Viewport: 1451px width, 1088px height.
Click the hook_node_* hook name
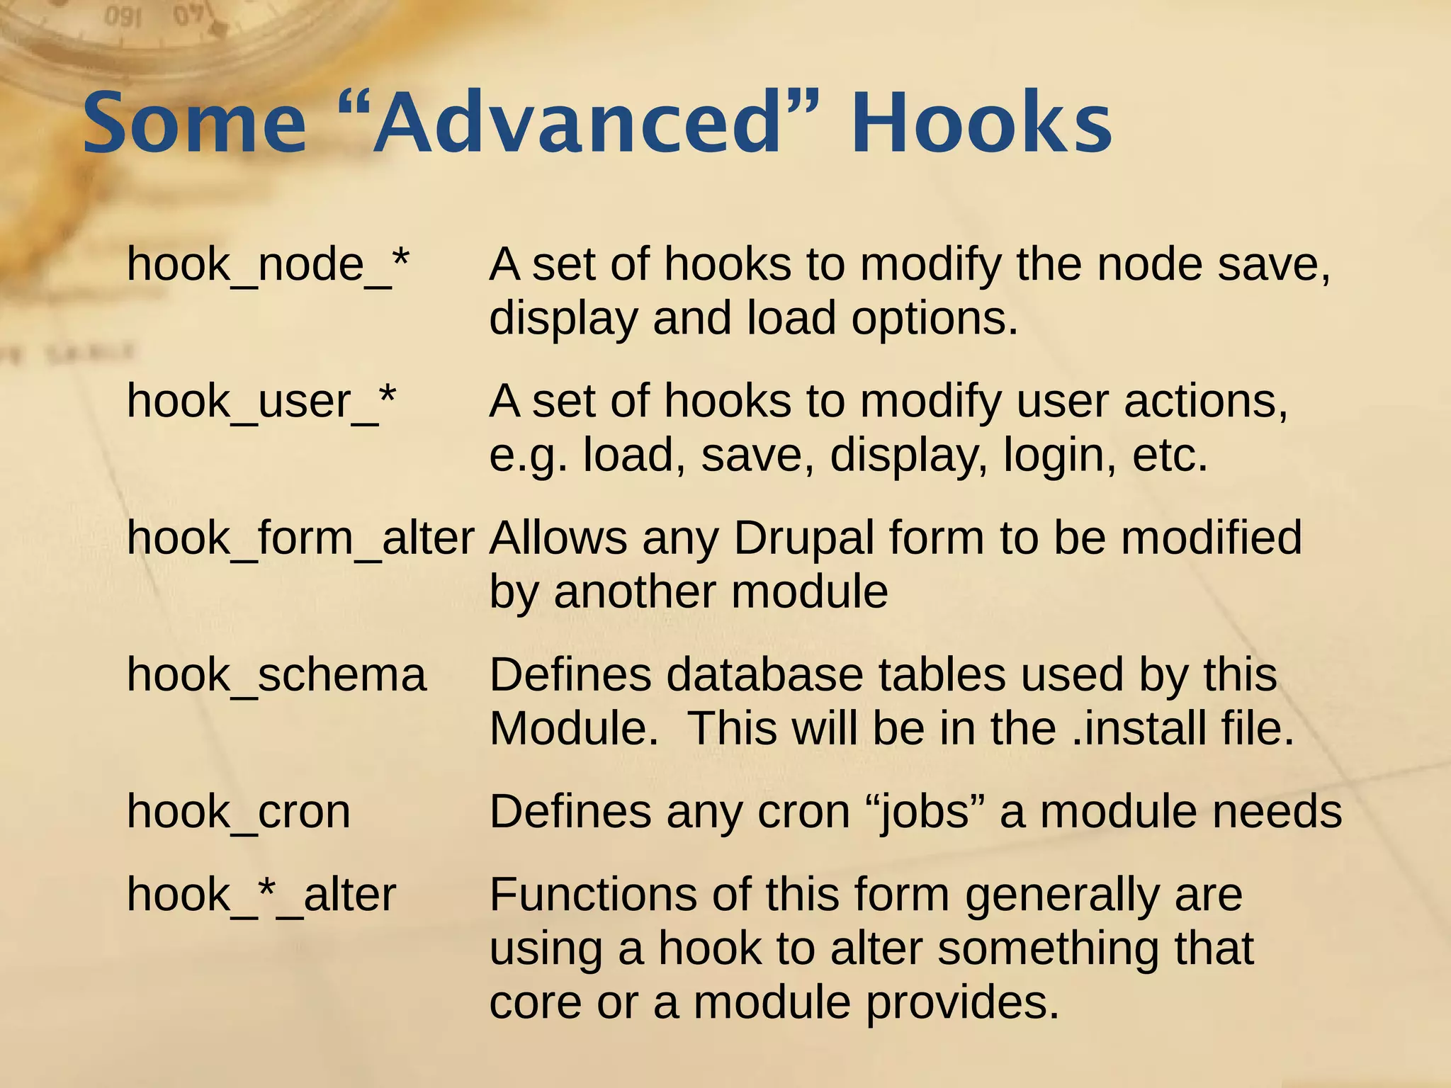pos(268,265)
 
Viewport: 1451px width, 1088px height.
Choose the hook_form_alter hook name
pos(300,538)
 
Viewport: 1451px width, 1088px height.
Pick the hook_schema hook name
pos(276,675)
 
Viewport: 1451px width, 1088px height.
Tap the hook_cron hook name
pos(238,812)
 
